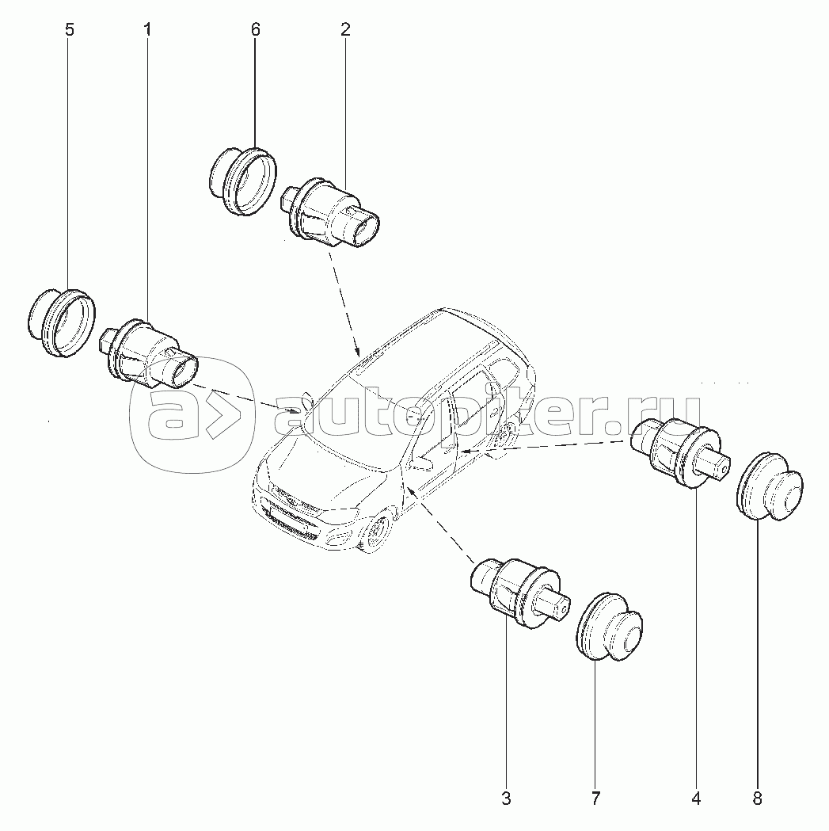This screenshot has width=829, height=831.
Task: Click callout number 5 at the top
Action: pyautogui.click(x=70, y=29)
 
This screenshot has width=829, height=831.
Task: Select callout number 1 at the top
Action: pyautogui.click(x=147, y=29)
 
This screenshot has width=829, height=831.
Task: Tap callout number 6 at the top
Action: pyautogui.click(x=255, y=29)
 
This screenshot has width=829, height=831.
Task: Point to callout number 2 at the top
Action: pyautogui.click(x=345, y=29)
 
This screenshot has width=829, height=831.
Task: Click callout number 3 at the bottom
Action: pyautogui.click(x=506, y=799)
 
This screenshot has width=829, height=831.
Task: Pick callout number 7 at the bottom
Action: pyautogui.click(x=595, y=799)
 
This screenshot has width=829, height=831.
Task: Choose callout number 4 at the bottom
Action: pyautogui.click(x=696, y=799)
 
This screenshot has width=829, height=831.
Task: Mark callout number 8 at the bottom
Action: pyautogui.click(x=758, y=799)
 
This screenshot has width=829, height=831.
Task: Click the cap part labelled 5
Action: pyautogui.click(x=61, y=322)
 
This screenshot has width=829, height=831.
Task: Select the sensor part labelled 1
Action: pyautogui.click(x=148, y=355)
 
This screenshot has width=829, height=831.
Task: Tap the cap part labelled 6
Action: pyautogui.click(x=243, y=181)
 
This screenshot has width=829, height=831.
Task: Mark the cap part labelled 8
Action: pyautogui.click(x=770, y=487)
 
